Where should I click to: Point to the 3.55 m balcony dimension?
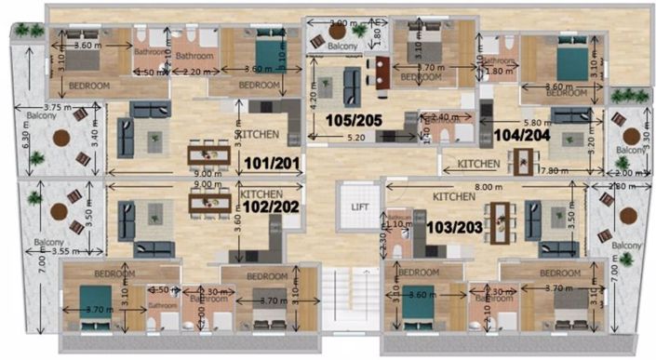61,251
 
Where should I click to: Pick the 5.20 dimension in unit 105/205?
355,138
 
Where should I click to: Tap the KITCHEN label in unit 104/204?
480,166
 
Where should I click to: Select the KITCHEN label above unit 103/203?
454,198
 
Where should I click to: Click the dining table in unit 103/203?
501,221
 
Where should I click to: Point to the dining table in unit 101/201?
208,153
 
